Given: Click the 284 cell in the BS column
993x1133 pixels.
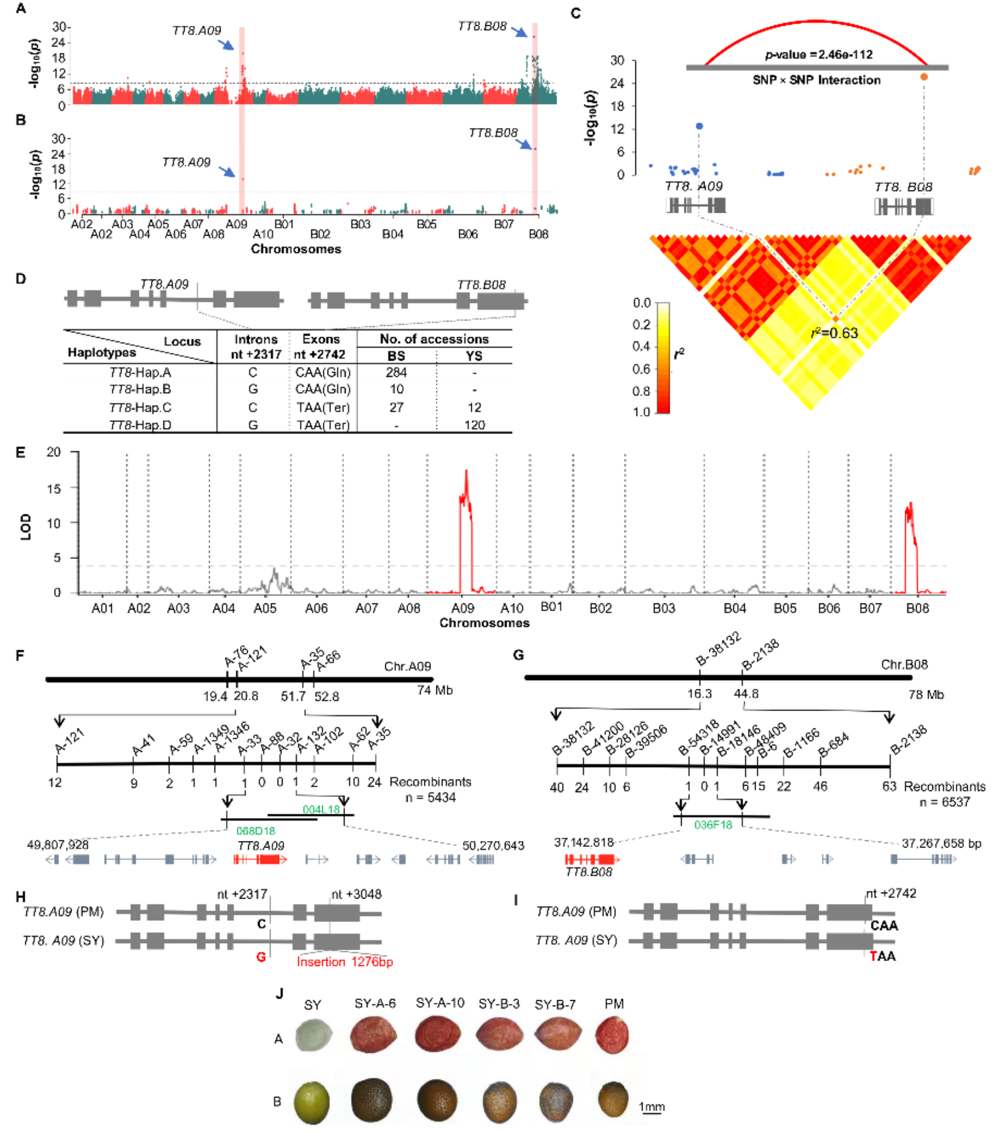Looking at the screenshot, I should (x=396, y=373).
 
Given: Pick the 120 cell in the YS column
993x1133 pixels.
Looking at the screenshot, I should (x=474, y=425).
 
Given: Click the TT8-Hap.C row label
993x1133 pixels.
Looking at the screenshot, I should (x=140, y=408).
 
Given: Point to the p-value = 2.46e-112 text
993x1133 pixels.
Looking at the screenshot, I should (x=819, y=55).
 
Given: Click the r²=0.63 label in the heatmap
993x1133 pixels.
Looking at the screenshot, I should (x=835, y=333).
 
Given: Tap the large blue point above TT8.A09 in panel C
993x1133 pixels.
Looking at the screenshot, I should (x=699, y=126).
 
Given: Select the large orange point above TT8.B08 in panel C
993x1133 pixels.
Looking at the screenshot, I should (x=924, y=77).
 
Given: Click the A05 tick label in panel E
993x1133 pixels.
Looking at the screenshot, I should (x=265, y=608).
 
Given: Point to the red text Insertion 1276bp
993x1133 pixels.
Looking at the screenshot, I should (x=344, y=962).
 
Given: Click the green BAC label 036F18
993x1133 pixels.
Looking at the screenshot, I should (x=713, y=825).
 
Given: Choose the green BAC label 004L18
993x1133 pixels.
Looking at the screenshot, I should (x=321, y=809).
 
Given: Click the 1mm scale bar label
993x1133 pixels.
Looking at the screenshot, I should (x=652, y=1107).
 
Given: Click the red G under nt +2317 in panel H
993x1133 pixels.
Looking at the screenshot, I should (x=261, y=956).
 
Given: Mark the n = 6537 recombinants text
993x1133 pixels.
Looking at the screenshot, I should (x=944, y=802).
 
